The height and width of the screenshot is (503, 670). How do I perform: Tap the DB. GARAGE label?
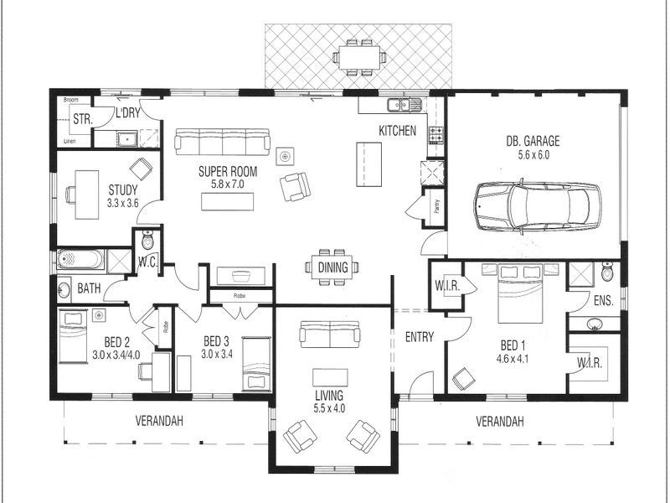[533, 141]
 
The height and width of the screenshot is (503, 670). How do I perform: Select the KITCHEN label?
[397, 131]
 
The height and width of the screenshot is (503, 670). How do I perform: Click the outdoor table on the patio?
[360, 57]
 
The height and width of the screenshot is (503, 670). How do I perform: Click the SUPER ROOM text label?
[228, 171]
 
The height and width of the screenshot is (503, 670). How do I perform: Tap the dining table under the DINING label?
[332, 267]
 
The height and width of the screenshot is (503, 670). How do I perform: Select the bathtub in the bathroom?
[80, 260]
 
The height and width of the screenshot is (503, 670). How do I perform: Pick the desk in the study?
[87, 194]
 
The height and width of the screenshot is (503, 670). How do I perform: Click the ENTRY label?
[418, 337]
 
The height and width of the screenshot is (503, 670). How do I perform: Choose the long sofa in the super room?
[222, 140]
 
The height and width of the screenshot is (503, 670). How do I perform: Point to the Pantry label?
[436, 205]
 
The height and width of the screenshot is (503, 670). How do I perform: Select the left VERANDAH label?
[159, 421]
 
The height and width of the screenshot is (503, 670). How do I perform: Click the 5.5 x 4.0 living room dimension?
[330, 408]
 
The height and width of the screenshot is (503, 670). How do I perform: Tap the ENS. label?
[603, 299]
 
